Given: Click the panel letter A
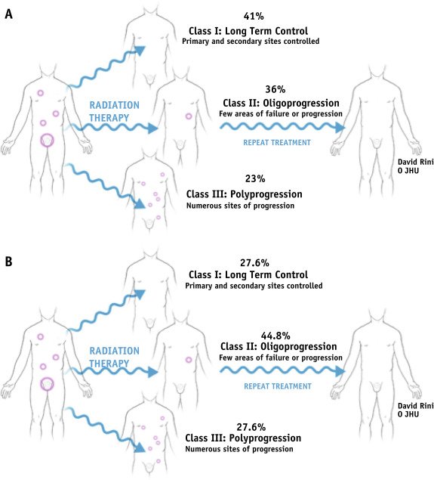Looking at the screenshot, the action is coord(8,14).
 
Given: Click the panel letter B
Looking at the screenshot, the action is coord(8,262).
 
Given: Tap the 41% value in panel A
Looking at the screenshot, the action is coord(254,16).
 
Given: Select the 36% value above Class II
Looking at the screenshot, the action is coord(275,89).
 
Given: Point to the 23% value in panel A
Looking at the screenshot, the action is coord(255,178).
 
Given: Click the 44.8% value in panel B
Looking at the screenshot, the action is coord(275,336).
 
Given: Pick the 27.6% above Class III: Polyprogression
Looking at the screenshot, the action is coord(251,427).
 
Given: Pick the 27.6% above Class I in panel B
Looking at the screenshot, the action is coord(254,262).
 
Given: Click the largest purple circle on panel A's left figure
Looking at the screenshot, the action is coord(48,134).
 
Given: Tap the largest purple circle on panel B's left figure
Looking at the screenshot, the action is coord(48,377).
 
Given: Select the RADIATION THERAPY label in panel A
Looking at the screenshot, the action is coord(114,111).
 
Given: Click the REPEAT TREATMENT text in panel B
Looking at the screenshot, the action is coord(278,386).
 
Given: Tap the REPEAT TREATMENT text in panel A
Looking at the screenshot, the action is coord(277,143).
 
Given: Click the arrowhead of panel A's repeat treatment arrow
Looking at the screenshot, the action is coord(340,127).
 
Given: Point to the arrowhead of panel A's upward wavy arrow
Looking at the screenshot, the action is coord(140,51).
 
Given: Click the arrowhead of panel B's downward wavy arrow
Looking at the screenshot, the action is coord(140,447).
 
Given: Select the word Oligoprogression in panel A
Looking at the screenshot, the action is coord(301,104).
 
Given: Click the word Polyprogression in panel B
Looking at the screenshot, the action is coord(265,438).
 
